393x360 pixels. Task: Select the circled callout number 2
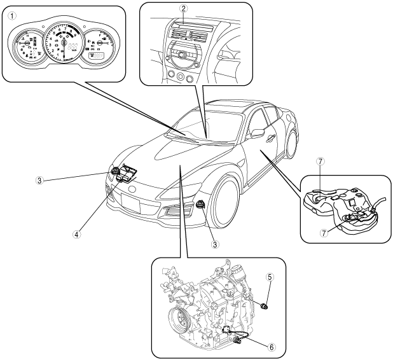tap(183, 9)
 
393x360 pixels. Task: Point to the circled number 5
tap(270, 277)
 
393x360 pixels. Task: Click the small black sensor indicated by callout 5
tap(266, 308)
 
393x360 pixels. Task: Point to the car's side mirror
tap(258, 132)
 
